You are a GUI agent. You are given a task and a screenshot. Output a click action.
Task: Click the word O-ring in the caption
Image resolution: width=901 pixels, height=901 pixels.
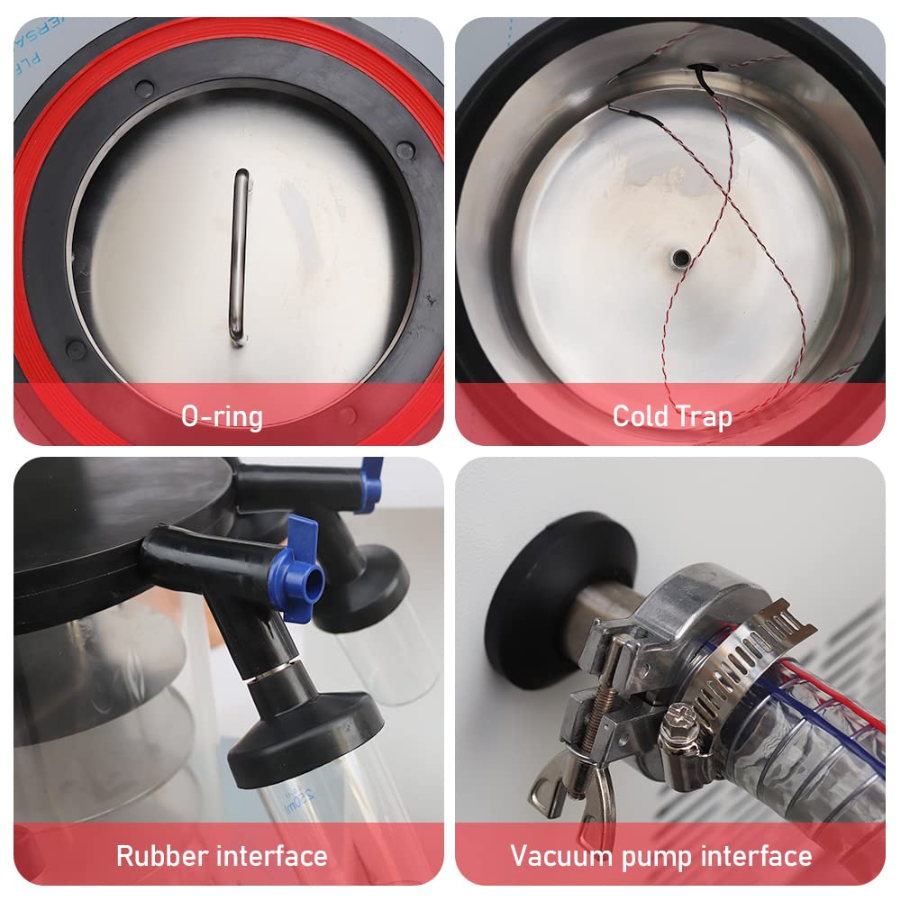coord(222,416)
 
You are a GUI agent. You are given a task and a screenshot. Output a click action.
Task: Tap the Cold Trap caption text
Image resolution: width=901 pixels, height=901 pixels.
coord(672,416)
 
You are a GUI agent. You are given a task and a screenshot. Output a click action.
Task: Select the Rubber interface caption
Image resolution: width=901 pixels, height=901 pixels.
coord(222,855)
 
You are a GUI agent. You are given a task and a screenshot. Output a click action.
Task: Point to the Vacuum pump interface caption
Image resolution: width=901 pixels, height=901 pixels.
coord(661,855)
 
